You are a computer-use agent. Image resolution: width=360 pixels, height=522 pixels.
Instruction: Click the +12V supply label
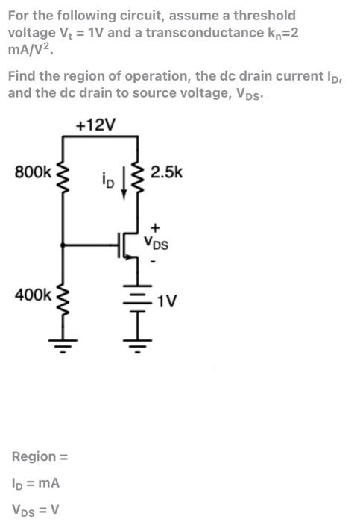point(96,125)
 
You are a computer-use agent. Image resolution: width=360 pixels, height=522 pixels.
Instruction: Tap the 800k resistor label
point(33,172)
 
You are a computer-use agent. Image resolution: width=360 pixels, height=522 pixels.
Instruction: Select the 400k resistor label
point(33,295)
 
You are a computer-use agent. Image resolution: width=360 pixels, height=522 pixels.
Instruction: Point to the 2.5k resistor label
point(165,172)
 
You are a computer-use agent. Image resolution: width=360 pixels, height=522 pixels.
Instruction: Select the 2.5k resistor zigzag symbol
point(137,177)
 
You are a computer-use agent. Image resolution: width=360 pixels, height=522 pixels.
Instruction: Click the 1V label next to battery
point(168,301)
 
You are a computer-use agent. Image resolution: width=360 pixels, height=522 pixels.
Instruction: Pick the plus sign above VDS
point(155,224)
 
